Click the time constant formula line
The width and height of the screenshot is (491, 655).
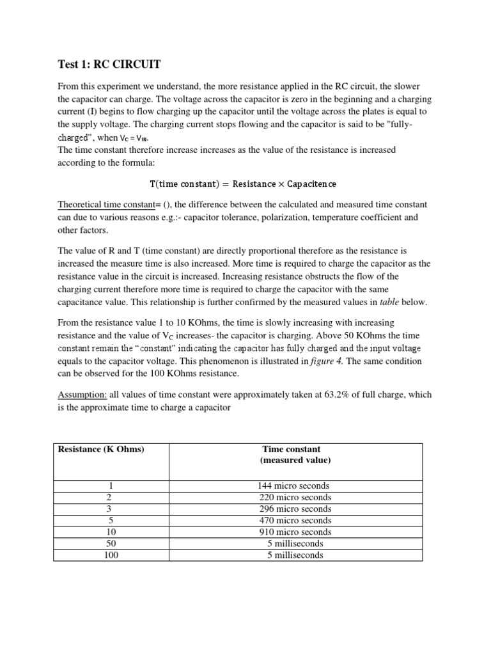coord(243,184)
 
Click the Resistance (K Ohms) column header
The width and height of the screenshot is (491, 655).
coord(101,449)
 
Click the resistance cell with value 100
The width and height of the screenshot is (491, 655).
coord(112,555)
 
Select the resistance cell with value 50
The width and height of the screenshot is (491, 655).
coord(112,544)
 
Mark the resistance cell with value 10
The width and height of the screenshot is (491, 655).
coord(112,532)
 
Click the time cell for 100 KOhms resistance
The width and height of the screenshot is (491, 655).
coord(295,555)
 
